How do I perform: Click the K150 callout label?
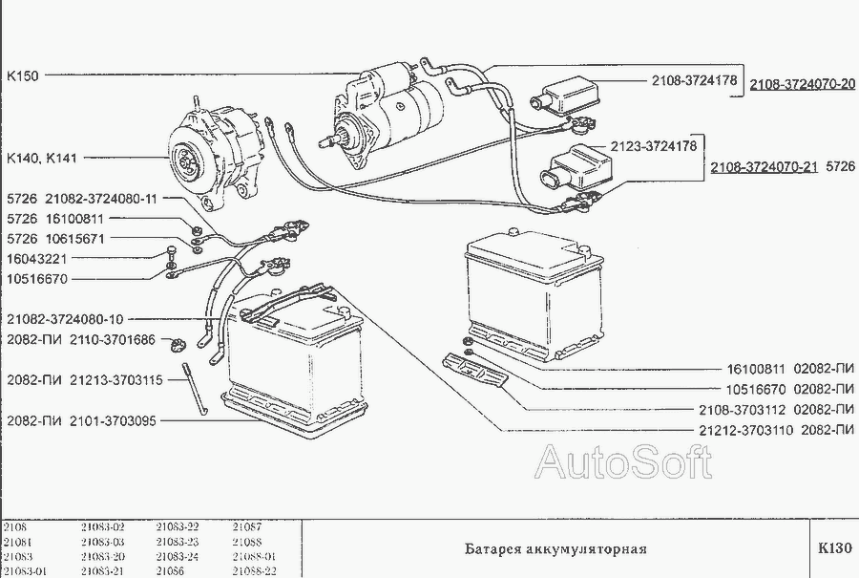click(23, 75)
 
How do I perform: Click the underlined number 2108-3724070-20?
click(802, 83)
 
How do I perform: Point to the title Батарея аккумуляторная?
click(555, 549)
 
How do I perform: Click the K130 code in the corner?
click(833, 549)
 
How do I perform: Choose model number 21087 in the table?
click(246, 526)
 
